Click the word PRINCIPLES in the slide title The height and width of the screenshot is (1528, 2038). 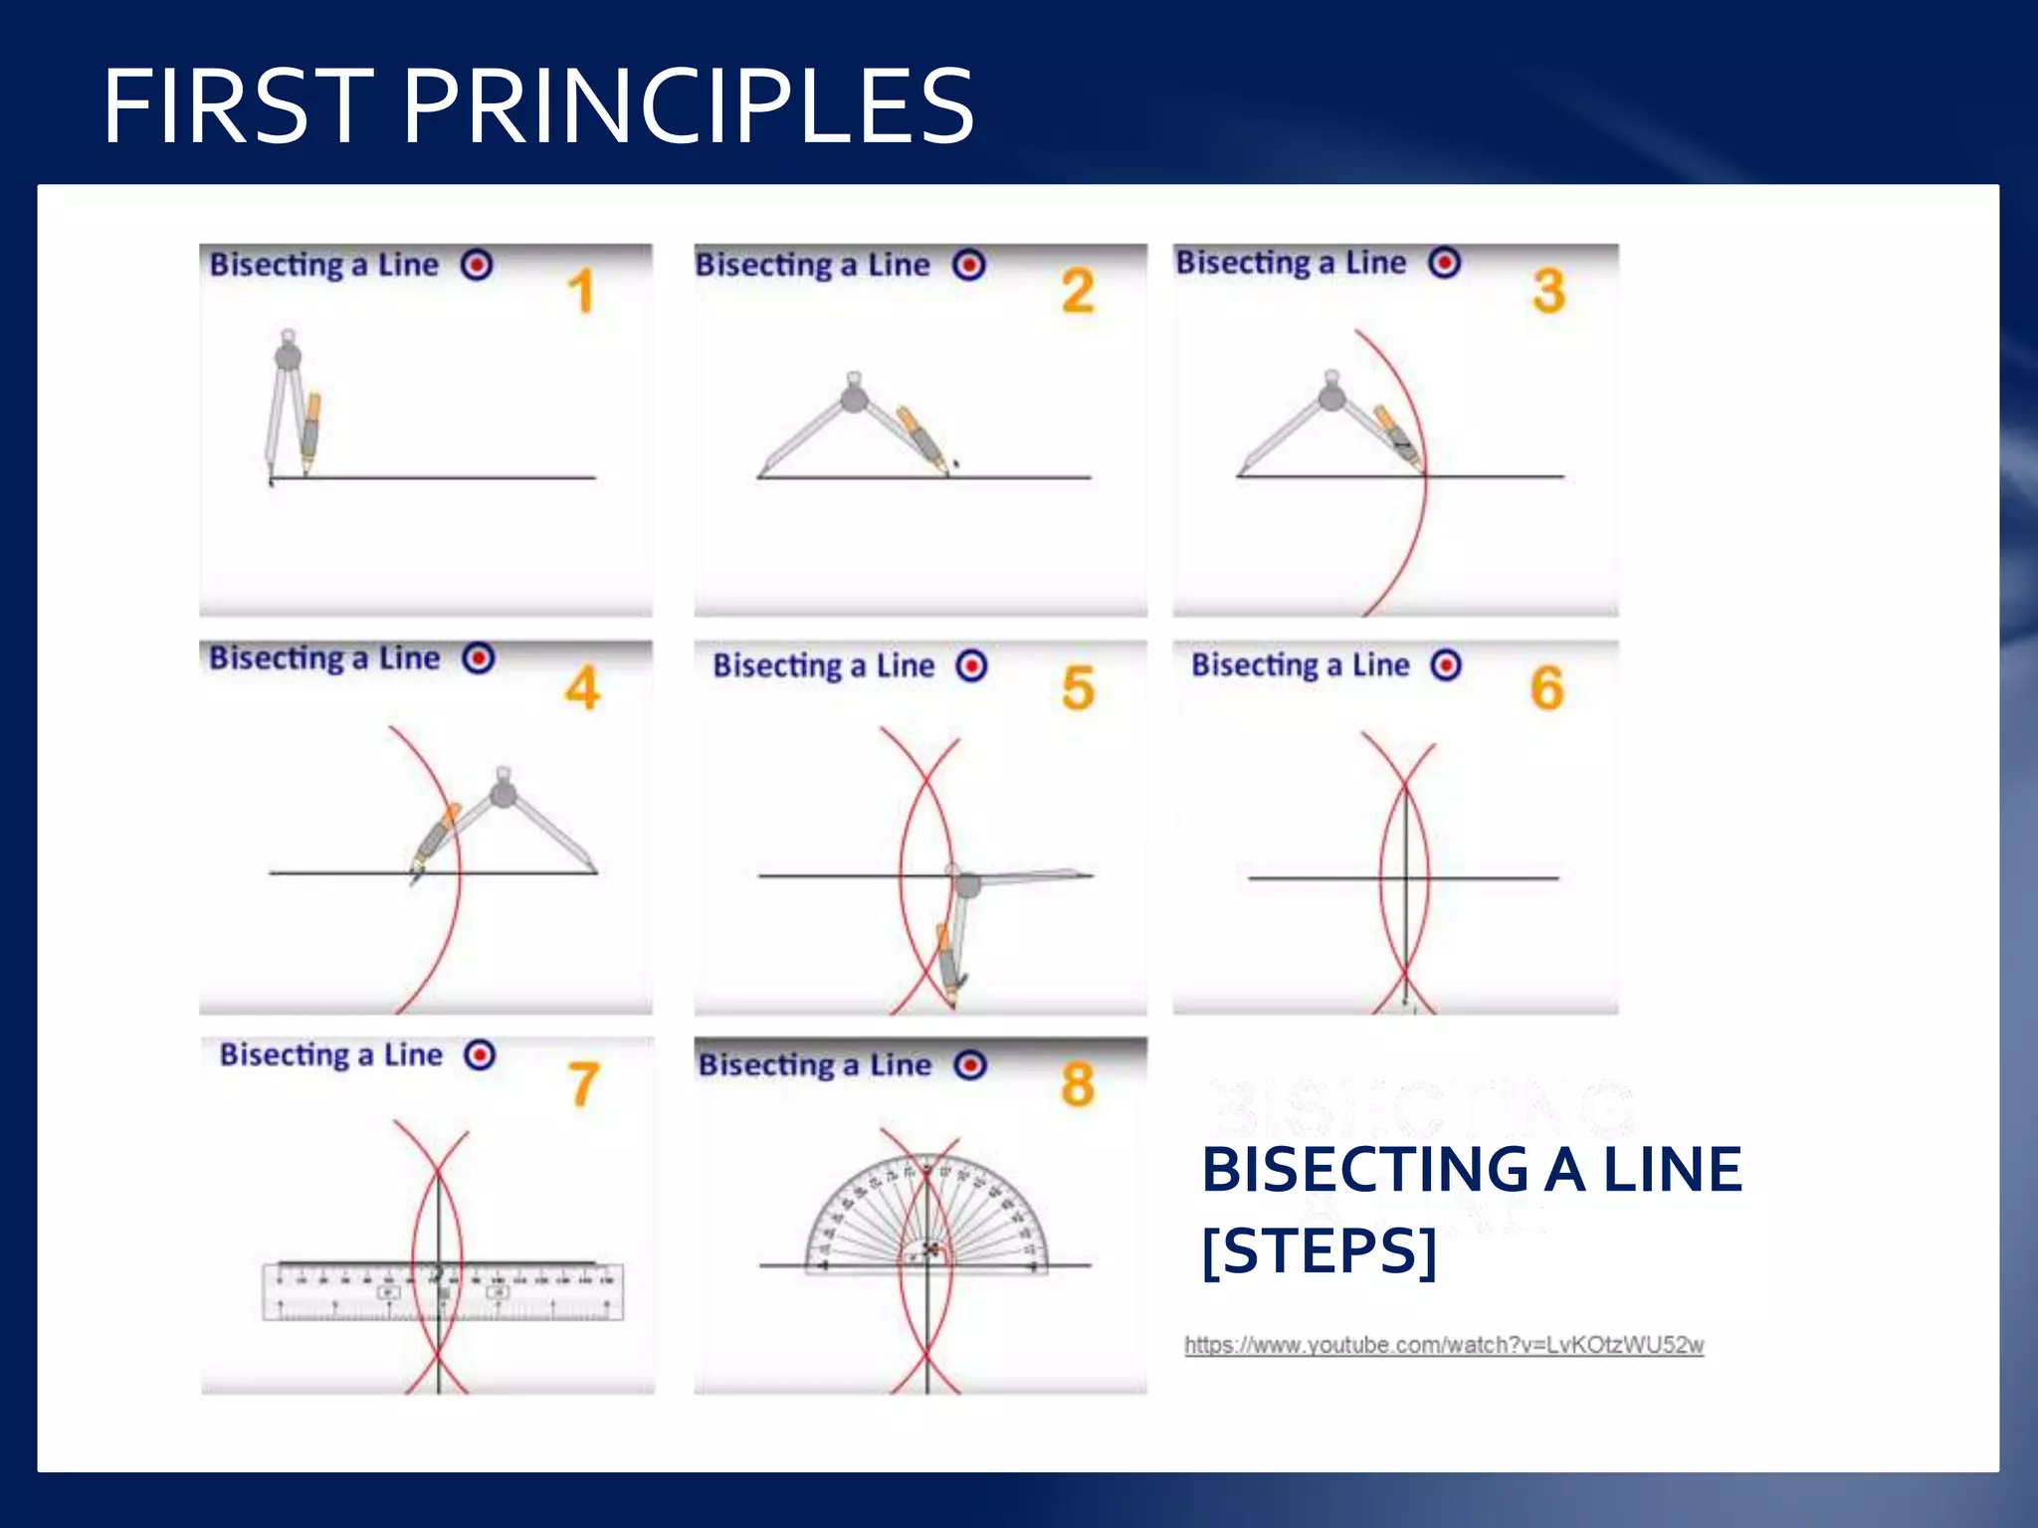pyautogui.click(x=687, y=106)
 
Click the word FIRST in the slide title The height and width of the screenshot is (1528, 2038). pyautogui.click(x=239, y=106)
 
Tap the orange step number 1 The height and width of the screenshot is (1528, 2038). pyautogui.click(x=581, y=291)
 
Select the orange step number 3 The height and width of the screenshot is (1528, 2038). pyautogui.click(x=1548, y=291)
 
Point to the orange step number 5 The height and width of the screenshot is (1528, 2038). pyautogui.click(x=1078, y=688)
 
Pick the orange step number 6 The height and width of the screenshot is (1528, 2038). pyautogui.click(x=1546, y=688)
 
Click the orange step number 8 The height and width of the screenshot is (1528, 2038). pyautogui.click(x=1078, y=1084)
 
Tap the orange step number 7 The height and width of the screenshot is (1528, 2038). pyautogui.click(x=584, y=1084)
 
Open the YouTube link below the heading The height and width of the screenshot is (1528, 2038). pyautogui.click(x=1443, y=1345)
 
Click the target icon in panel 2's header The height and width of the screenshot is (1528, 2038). pyautogui.click(x=969, y=265)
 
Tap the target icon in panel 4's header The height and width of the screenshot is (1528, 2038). pyautogui.click(x=479, y=659)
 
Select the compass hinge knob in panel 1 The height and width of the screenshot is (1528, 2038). pyautogui.click(x=288, y=355)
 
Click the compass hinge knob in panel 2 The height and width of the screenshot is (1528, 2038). pyautogui.click(x=854, y=398)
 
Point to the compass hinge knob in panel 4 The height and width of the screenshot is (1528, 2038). pyautogui.click(x=504, y=792)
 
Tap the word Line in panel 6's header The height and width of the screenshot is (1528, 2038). pyautogui.click(x=1380, y=665)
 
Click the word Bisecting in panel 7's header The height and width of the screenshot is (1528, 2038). pyautogui.click(x=284, y=1054)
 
